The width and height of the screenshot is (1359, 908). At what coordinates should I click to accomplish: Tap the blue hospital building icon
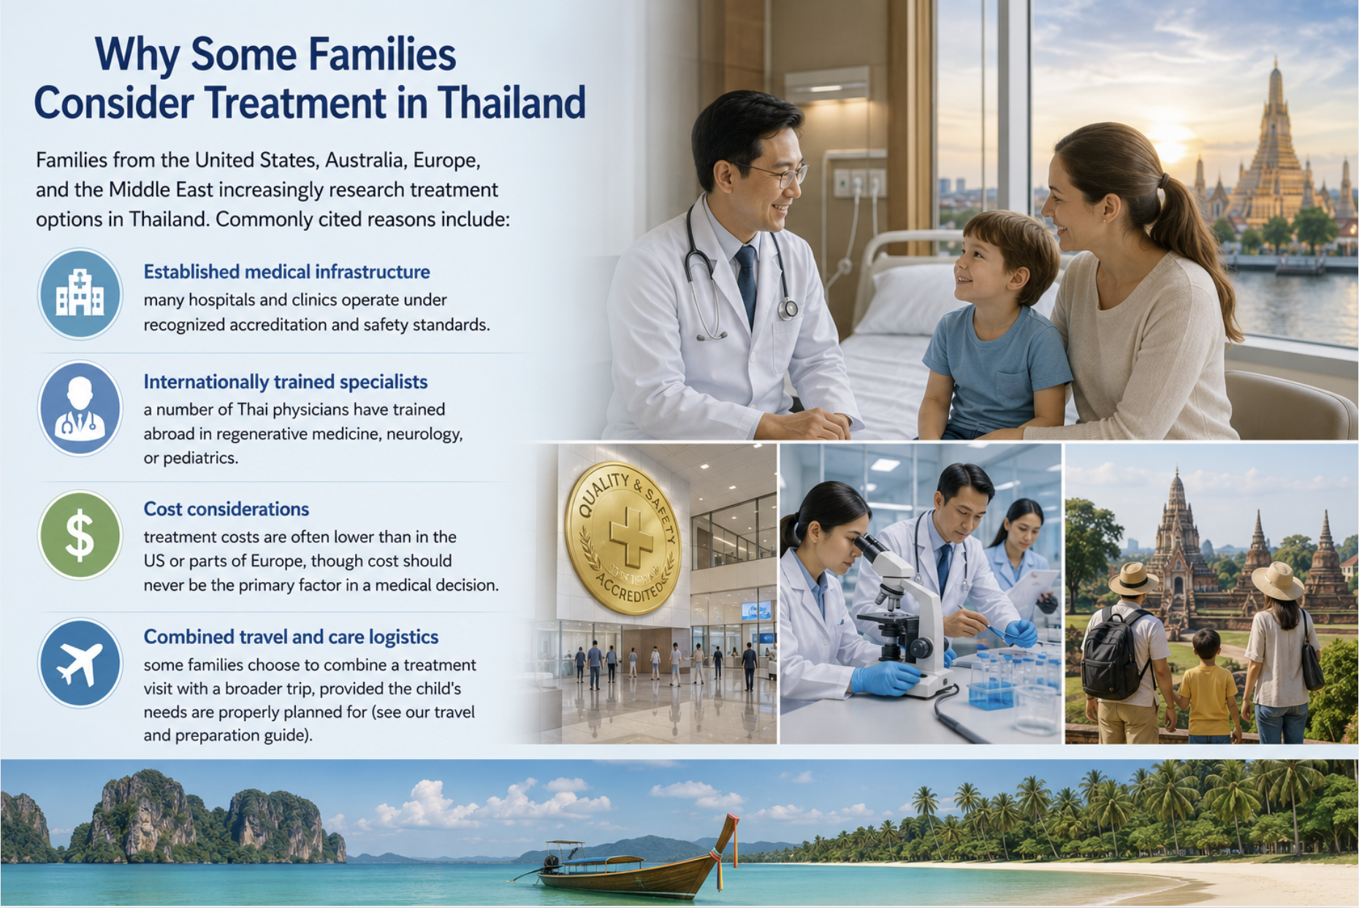tap(80, 294)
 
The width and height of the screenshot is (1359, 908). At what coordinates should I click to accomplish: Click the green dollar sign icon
tap(80, 535)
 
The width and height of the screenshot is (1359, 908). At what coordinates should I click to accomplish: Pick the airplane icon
tap(80, 663)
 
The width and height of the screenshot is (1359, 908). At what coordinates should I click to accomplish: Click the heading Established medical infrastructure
tap(286, 272)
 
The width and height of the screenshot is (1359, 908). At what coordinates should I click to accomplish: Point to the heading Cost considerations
tap(226, 509)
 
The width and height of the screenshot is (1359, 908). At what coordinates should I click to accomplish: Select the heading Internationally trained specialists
tap(285, 382)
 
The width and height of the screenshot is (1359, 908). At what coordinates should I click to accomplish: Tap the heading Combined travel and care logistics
tap(291, 637)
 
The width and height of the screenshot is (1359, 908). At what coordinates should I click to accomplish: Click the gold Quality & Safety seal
tap(623, 538)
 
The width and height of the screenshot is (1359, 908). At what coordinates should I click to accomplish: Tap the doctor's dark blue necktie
tap(747, 282)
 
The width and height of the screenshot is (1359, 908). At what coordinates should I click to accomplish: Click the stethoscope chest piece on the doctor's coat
tap(788, 309)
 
